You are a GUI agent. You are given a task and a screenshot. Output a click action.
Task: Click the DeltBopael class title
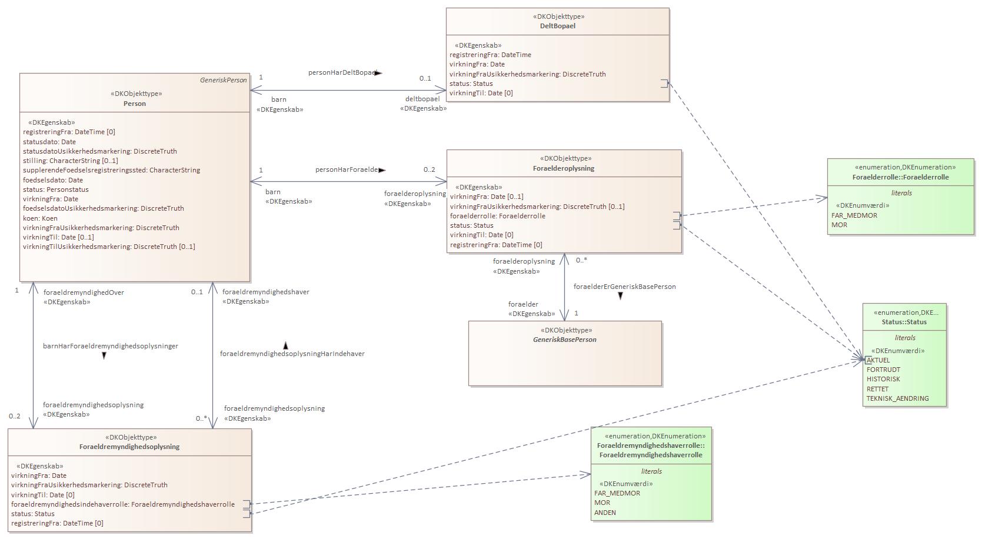click(x=557, y=26)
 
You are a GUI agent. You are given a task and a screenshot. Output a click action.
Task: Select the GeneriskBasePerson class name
click(x=564, y=340)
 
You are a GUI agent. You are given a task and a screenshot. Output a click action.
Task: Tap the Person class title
click(x=135, y=104)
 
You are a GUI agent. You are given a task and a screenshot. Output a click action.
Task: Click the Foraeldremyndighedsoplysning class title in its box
click(x=129, y=447)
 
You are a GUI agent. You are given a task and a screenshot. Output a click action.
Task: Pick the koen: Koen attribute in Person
click(x=41, y=218)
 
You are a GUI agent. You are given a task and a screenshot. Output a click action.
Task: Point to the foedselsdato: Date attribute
click(x=53, y=180)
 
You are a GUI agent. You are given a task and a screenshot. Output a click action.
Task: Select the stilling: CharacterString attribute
click(x=71, y=161)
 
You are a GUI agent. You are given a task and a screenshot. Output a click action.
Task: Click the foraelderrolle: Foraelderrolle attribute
click(x=498, y=216)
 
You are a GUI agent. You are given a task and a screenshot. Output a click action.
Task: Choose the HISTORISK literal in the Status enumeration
click(x=883, y=379)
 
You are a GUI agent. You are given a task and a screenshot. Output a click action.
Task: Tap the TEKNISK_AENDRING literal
click(x=897, y=398)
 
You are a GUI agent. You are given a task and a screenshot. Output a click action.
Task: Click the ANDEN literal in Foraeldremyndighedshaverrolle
click(x=605, y=513)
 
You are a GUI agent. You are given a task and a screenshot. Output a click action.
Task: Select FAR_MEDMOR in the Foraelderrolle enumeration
click(x=854, y=215)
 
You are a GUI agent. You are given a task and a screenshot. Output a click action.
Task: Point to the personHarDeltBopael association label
click(x=342, y=72)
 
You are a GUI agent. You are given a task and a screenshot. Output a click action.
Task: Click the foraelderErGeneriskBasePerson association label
click(x=624, y=287)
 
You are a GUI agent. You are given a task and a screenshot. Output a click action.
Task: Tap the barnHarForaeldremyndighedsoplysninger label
click(x=111, y=346)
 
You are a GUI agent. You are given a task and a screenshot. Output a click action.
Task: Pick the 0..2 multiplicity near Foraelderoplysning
click(x=430, y=170)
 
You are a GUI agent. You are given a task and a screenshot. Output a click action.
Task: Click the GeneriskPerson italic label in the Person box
click(x=223, y=80)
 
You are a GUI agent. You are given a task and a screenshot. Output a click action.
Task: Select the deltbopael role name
click(x=422, y=99)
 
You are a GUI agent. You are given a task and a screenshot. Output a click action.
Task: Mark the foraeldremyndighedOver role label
click(x=84, y=292)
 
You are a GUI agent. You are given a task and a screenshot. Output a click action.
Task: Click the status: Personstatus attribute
click(x=56, y=189)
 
